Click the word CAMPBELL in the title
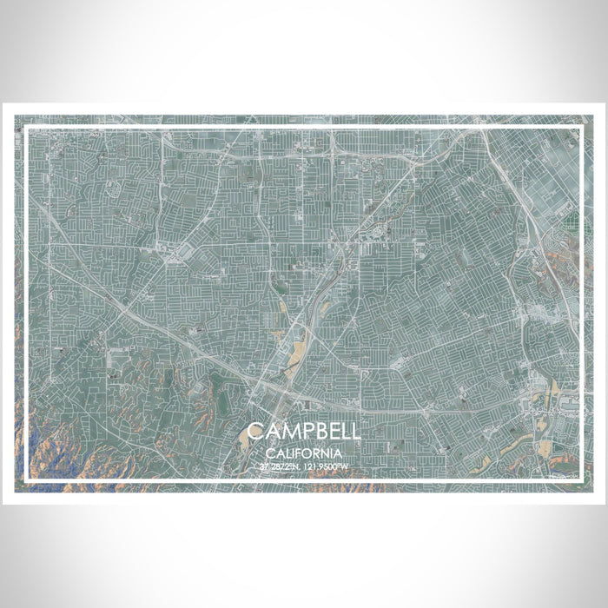coord(303,433)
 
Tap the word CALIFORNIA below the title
coord(303,453)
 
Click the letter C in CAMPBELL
coord(254,433)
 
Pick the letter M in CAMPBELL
coord(288,433)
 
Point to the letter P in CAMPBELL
coord(305,433)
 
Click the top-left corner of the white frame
coord(27,128)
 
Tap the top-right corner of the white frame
coord(580,128)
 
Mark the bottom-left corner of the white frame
coord(27,480)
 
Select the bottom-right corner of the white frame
coord(580,480)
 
